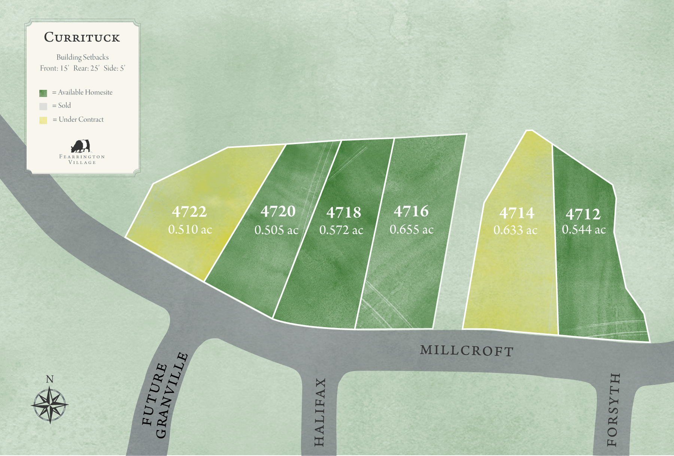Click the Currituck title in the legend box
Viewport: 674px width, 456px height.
(82, 37)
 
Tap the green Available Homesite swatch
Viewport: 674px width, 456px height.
(43, 93)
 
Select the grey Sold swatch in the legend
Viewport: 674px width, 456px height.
(43, 106)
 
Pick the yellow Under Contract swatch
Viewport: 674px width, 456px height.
(43, 120)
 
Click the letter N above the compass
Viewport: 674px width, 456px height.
(49, 379)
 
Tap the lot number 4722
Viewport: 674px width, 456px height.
(189, 212)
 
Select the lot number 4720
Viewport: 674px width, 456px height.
(278, 212)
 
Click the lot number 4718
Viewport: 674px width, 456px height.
(343, 213)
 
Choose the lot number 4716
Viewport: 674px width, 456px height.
(411, 212)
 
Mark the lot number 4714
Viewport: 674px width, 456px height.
(517, 213)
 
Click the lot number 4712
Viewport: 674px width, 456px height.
(583, 215)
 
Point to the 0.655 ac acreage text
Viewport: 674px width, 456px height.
(412, 229)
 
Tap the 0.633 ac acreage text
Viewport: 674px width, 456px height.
(515, 230)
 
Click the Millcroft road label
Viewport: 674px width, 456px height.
(467, 350)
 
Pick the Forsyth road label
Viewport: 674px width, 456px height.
(613, 410)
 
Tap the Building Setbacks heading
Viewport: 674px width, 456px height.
(82, 57)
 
